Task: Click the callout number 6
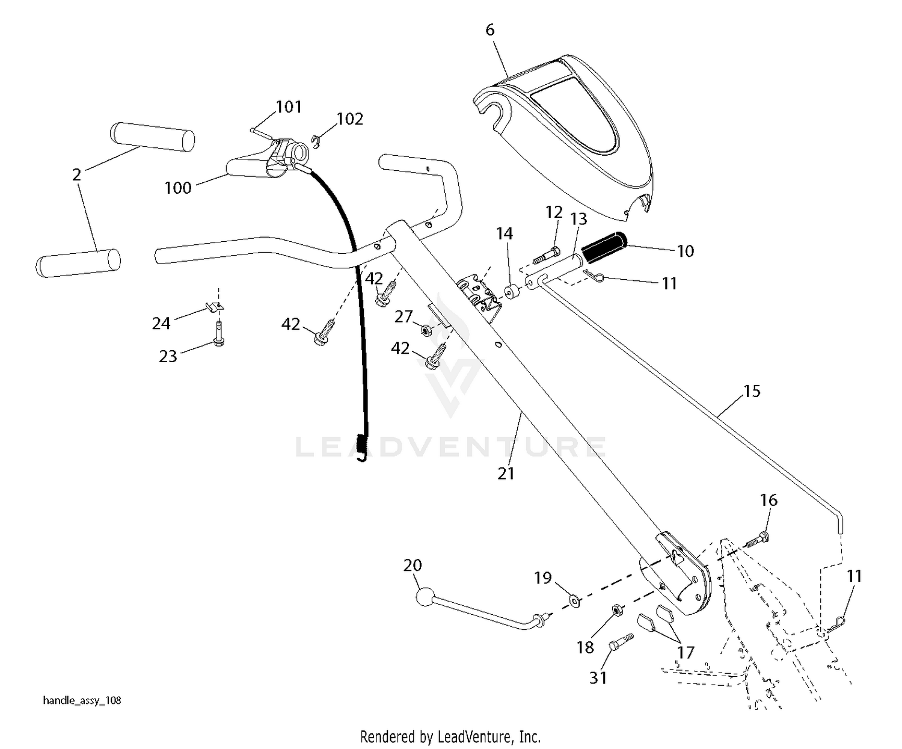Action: [x=490, y=30]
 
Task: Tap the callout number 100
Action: [x=178, y=188]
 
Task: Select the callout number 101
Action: [x=289, y=106]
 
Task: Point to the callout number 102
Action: [x=350, y=119]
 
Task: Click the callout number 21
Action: [x=506, y=473]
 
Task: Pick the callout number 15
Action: [x=752, y=391]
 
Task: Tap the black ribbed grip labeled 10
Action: [x=604, y=248]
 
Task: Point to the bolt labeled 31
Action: [x=621, y=642]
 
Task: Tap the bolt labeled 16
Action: [x=756, y=540]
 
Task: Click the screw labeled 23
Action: [x=219, y=334]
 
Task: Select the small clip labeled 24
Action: [x=214, y=307]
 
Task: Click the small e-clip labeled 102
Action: [x=316, y=142]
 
